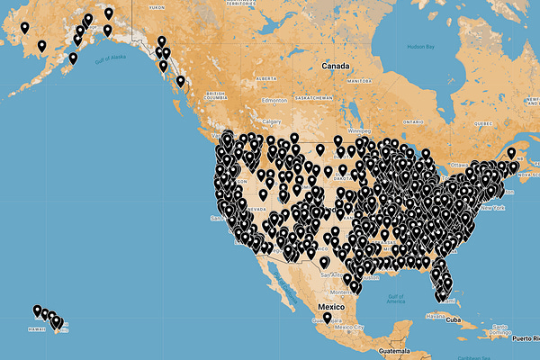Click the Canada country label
pyautogui.click(x=336, y=66)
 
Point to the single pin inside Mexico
pyautogui.click(x=328, y=318)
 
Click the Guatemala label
pyautogui.click(x=394, y=349)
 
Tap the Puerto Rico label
pyautogui.click(x=521, y=339)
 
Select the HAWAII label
pyautogui.click(x=37, y=328)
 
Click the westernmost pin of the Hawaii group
pyautogui.click(x=37, y=310)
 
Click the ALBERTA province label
pyautogui.click(x=266, y=77)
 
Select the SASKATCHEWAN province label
pyautogui.click(x=309, y=97)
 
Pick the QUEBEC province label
pyautogui.click(x=483, y=121)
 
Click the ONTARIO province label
pyautogui.click(x=413, y=120)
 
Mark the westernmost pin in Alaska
pyautogui.click(x=24, y=27)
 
